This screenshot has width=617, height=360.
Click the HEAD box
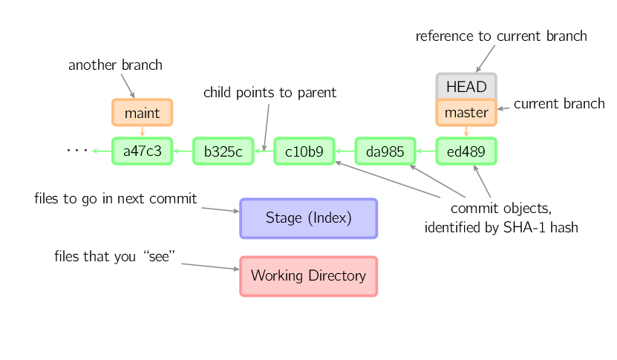click(x=466, y=87)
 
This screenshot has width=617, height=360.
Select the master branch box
click(x=466, y=113)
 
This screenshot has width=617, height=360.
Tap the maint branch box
click(x=142, y=113)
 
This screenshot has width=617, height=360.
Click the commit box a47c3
click(x=142, y=151)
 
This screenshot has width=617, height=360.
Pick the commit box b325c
click(x=223, y=151)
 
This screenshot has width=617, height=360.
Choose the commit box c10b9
click(x=304, y=151)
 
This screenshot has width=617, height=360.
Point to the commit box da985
click(x=385, y=151)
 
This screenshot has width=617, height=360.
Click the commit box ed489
click(x=466, y=151)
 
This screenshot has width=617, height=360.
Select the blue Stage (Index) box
click(x=308, y=218)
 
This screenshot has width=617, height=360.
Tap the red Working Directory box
click(x=308, y=276)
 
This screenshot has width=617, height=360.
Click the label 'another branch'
click(x=115, y=65)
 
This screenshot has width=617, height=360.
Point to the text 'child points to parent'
click(x=270, y=93)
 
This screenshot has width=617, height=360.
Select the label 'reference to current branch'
click(x=501, y=36)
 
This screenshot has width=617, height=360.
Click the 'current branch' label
click(x=558, y=104)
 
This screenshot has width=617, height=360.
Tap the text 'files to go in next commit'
click(x=115, y=199)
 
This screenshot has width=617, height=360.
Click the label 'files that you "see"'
click(x=114, y=257)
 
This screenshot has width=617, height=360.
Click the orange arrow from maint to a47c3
click(x=142, y=131)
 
